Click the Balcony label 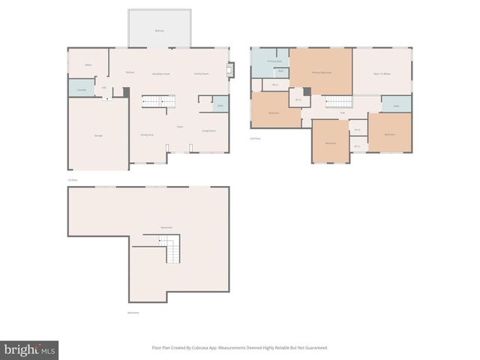point(159,31)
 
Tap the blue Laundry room point(81,88)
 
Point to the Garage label point(98,135)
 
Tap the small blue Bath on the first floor point(220,105)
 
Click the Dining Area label point(146,134)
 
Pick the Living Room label point(208,130)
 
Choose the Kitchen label point(130,72)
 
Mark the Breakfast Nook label point(161,73)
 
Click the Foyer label point(179,127)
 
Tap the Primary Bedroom point(322,72)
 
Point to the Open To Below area point(382,72)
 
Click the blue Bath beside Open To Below point(396,104)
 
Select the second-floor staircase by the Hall point(339,102)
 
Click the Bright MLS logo point(29,349)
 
